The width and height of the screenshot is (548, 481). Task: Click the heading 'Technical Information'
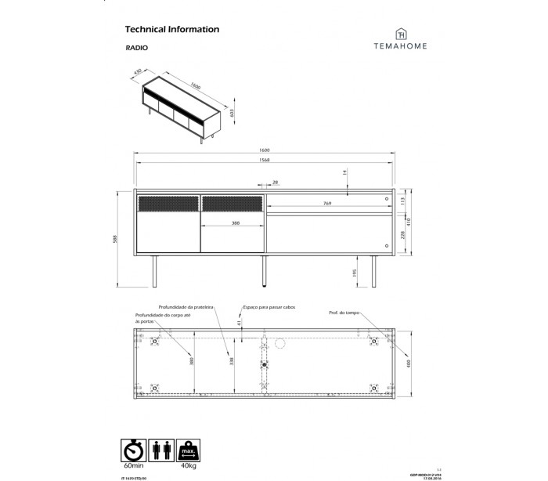coord(171,30)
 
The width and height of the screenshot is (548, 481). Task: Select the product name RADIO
coord(137,49)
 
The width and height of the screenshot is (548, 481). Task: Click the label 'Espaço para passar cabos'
coord(269,308)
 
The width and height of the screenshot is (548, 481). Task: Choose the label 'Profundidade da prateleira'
coord(186,308)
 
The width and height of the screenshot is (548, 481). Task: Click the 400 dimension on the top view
coord(407,363)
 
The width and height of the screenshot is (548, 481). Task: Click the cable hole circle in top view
coord(277,342)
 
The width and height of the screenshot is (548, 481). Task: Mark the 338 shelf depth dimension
coord(230,361)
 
